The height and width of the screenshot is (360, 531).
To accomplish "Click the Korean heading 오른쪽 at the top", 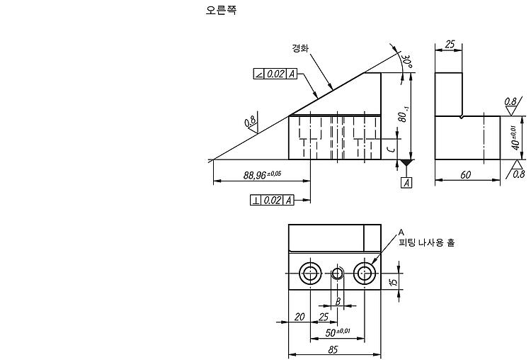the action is point(221,10).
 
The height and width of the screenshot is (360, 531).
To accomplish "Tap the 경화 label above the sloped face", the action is point(300,48).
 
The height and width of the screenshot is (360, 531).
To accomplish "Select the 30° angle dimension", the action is point(406,61).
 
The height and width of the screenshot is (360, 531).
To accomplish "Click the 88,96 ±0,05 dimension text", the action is point(262,174).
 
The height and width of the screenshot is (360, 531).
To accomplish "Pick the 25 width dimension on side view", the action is point(450,44).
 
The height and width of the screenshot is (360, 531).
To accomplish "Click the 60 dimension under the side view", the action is point(466,174).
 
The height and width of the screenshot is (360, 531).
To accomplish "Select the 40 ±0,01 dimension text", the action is point(515,137).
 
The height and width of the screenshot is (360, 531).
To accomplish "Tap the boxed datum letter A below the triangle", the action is point(406,182).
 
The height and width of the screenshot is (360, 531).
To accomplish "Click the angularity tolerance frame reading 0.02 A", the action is point(275,74).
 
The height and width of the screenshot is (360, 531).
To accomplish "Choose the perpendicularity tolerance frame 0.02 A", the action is point(272,200).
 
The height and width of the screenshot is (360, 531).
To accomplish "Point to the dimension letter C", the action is point(392,149).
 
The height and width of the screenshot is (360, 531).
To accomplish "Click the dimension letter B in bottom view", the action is point(338,301).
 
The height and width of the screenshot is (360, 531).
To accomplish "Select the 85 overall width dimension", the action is point(333,349).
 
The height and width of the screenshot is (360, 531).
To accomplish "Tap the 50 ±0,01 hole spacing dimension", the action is point(337,332).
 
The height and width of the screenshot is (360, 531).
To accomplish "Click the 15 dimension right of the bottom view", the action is point(394,281).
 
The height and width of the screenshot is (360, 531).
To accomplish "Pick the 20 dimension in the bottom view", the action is point(299,317).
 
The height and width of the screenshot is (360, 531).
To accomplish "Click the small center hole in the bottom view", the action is point(337,273).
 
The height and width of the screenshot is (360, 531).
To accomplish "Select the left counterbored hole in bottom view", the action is point(310,273).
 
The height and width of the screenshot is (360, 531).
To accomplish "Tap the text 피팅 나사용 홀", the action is point(427,242).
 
